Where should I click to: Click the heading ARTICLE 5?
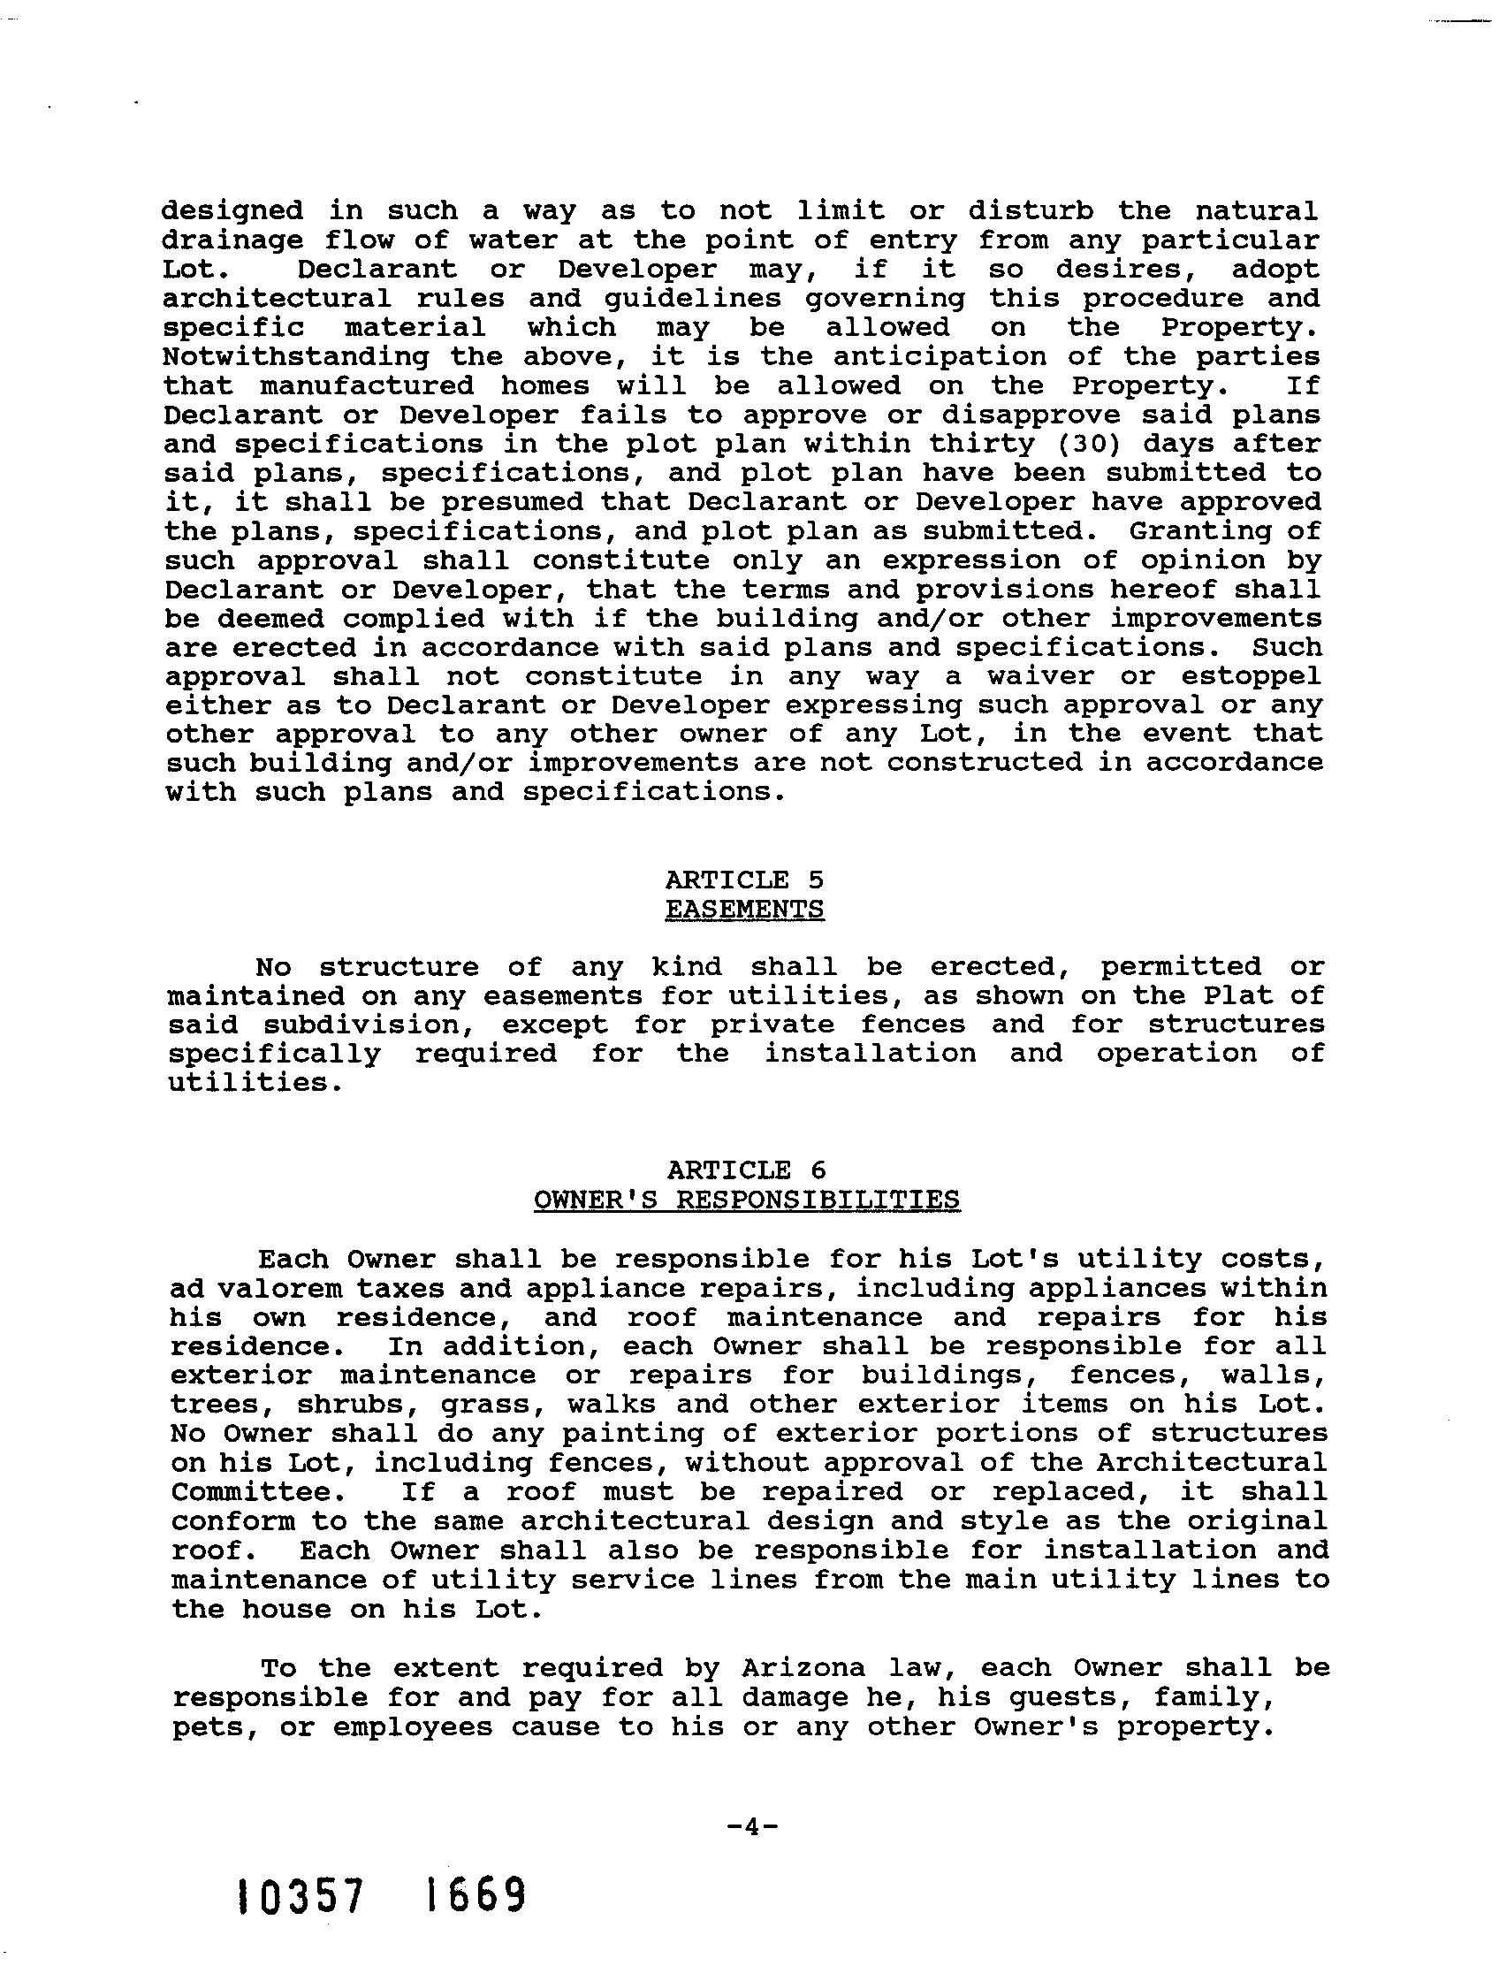click(744, 880)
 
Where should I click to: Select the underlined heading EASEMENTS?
click(744, 909)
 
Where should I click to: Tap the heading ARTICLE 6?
click(746, 1170)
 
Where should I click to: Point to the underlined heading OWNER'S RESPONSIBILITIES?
click(746, 1200)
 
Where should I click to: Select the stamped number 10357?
click(300, 1897)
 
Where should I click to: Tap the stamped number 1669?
click(475, 1897)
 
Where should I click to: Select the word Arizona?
click(803, 1668)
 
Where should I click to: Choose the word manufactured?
click(367, 386)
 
